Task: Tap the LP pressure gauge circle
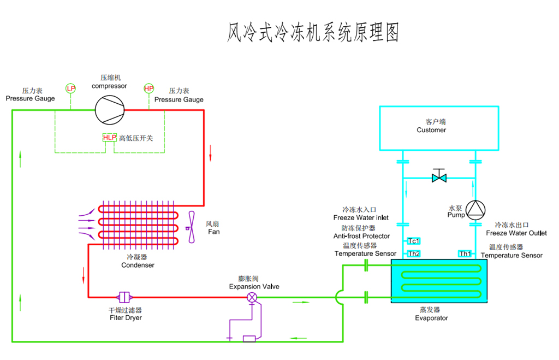(x=71, y=88)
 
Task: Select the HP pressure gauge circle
(x=149, y=88)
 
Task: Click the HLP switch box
(x=110, y=138)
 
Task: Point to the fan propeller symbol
(x=191, y=227)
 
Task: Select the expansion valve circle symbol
(x=252, y=297)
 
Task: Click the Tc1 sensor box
(x=414, y=241)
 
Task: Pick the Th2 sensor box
(x=414, y=253)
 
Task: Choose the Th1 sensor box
(x=465, y=253)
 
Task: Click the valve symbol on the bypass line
(x=439, y=178)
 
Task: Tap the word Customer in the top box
(x=431, y=130)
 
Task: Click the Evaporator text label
(x=431, y=318)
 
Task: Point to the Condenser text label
(x=138, y=265)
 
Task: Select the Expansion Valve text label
(x=254, y=286)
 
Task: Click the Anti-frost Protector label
(x=361, y=236)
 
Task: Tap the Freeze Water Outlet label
(x=516, y=233)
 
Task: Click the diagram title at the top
(x=313, y=33)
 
